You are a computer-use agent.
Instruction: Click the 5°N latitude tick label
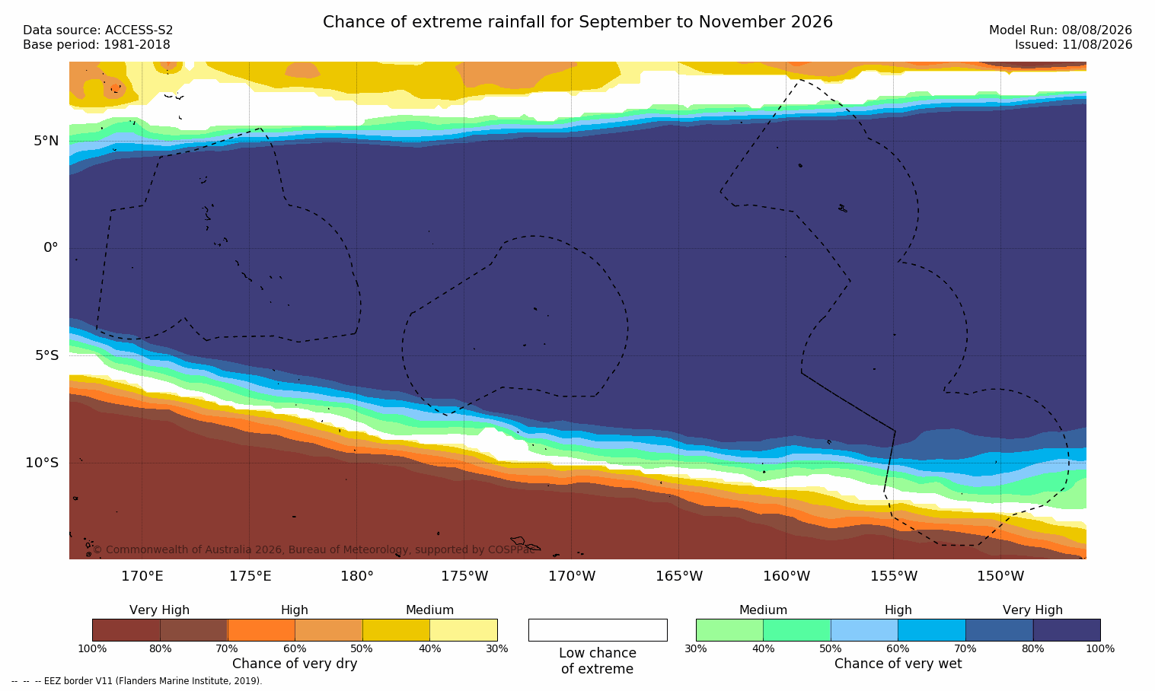click(46, 141)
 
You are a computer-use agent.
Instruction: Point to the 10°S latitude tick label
click(43, 463)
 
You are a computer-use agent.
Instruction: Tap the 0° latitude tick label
click(51, 248)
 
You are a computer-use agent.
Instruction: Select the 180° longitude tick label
click(357, 576)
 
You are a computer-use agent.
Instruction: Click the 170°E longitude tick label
click(142, 576)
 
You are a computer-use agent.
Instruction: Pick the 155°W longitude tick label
click(894, 576)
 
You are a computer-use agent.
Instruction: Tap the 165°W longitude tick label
click(679, 576)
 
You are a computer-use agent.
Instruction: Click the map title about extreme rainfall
click(577, 22)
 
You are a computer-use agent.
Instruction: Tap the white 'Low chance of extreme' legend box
click(598, 630)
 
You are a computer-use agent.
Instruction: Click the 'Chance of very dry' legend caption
click(295, 664)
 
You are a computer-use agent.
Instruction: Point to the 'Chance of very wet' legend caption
click(898, 664)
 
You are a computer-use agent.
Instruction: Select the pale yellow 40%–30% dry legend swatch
click(464, 630)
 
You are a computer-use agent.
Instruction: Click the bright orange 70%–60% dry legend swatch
click(261, 630)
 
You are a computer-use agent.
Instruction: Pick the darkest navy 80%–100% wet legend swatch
click(1067, 630)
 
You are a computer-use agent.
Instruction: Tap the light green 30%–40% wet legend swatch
click(729, 630)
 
